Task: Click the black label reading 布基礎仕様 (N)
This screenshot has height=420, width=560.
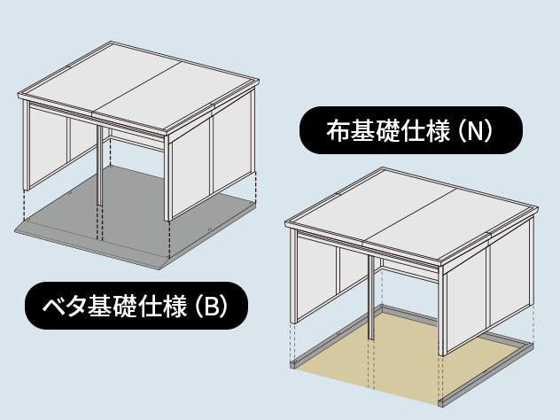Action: pos(411,131)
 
